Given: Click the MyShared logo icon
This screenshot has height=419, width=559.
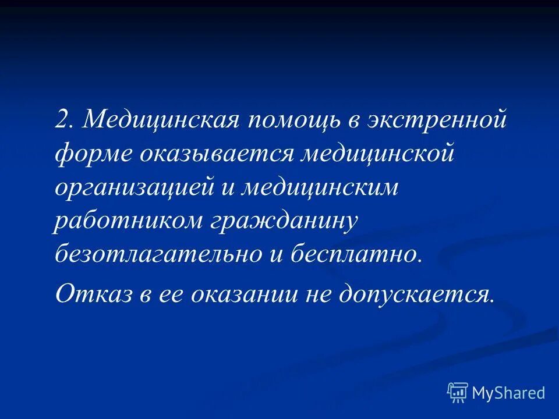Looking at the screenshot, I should point(458,393).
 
